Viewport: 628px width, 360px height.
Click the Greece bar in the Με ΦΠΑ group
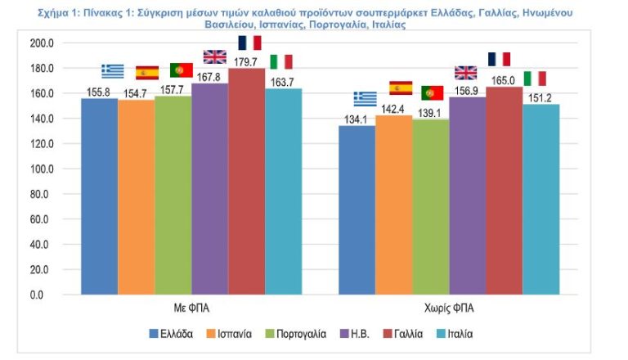[99, 196]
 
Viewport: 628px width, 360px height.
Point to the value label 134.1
[357, 119]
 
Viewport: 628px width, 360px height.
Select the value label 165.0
[502, 80]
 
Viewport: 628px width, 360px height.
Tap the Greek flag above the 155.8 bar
[113, 71]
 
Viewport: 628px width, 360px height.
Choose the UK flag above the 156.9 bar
[465, 73]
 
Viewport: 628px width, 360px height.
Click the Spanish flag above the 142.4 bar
[401, 88]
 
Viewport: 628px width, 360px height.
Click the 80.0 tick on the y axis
[45, 194]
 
